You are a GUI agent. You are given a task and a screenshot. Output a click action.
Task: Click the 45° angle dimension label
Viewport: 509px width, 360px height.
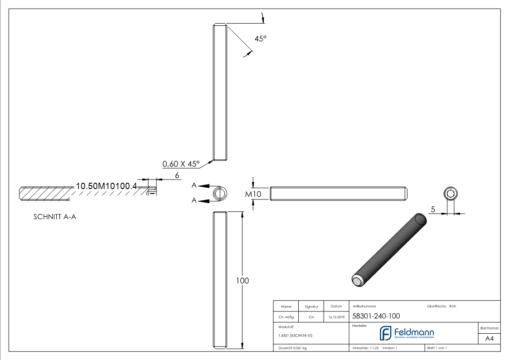(x=260, y=39)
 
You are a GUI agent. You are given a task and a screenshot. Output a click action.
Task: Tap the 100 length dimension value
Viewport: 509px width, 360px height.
(x=242, y=281)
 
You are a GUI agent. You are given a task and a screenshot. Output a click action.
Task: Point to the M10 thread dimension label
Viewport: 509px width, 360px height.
(x=253, y=194)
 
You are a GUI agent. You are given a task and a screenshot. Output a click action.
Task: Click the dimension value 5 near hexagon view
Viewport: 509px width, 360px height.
(x=433, y=209)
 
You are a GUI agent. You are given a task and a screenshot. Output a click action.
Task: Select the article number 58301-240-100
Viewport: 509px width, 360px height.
(x=376, y=316)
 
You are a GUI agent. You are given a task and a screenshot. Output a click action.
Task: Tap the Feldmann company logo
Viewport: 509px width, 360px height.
(x=407, y=333)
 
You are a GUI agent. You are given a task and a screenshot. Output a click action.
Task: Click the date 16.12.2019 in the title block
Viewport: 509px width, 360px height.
(x=336, y=317)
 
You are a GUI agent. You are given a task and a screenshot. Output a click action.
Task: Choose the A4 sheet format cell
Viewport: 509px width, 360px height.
(x=490, y=338)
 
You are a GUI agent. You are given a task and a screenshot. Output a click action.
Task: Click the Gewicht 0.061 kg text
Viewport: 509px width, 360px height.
(x=292, y=348)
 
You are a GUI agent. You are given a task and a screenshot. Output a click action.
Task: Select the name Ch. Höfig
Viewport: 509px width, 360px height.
(x=286, y=317)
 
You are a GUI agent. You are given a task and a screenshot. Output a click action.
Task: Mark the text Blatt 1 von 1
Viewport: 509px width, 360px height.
(x=437, y=348)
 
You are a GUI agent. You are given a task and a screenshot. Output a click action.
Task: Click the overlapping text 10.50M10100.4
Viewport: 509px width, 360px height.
(x=106, y=186)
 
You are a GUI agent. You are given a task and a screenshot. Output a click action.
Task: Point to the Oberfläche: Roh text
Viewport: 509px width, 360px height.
(x=441, y=306)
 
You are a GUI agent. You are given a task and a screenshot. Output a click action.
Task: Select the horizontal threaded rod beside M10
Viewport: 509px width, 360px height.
(x=339, y=194)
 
